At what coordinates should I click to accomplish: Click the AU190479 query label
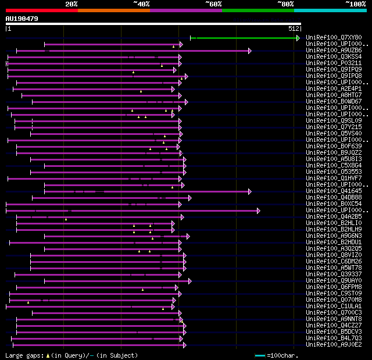pyautogui.click(x=22, y=19)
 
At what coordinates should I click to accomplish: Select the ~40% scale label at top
pyautogui.click(x=141, y=4)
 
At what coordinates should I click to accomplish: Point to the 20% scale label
pyautogui.click(x=71, y=4)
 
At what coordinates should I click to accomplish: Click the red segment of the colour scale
pyautogui.click(x=41, y=10)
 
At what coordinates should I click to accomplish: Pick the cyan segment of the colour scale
pyautogui.click(x=330, y=10)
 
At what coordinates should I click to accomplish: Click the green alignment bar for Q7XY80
pyautogui.click(x=244, y=38)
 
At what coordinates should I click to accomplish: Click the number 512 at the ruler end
pyautogui.click(x=293, y=28)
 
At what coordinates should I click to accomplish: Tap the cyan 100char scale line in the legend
pyautogui.click(x=260, y=355)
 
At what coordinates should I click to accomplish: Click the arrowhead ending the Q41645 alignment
pyautogui.click(x=250, y=191)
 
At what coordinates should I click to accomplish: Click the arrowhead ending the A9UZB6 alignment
pyautogui.click(x=250, y=51)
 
